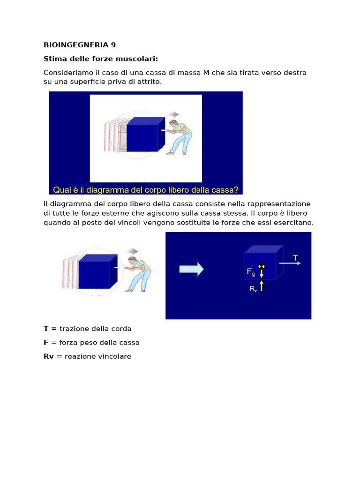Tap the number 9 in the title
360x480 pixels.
coord(113,45)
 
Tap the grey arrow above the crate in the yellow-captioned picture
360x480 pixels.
coord(174,114)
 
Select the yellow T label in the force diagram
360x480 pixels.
coord(295,258)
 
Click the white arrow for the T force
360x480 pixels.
coord(290,263)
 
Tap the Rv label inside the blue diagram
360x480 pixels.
coord(253,289)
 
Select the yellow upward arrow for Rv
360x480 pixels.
coord(262,285)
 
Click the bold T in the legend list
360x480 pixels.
coord(46,329)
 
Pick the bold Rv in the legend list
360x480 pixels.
coord(48,356)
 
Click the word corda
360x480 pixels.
coord(122,329)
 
